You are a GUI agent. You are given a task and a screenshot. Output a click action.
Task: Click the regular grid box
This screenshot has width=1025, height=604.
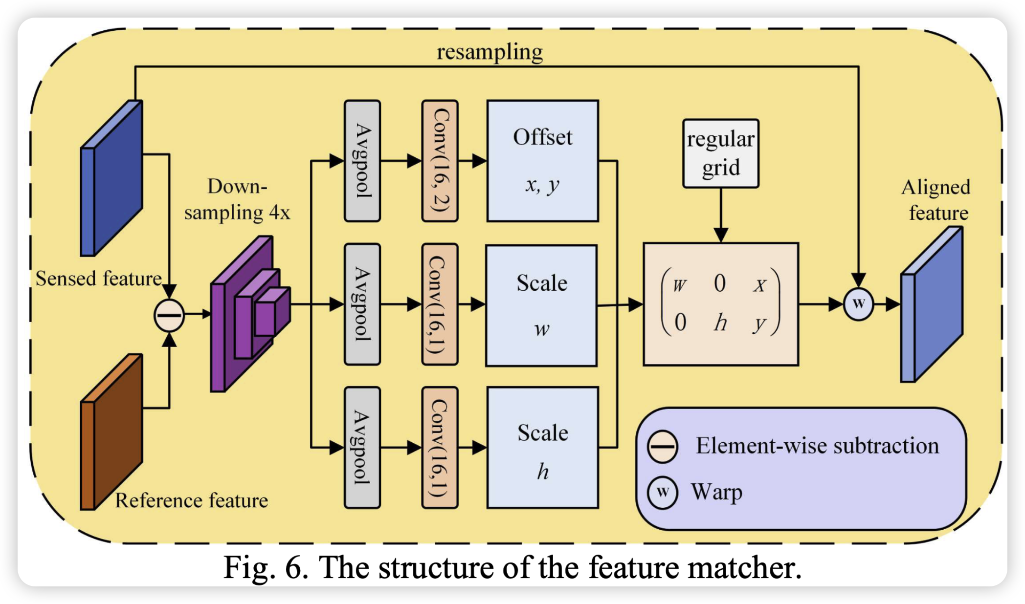[x=720, y=153]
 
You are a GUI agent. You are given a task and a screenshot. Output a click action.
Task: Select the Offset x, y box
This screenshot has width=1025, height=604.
[x=542, y=161]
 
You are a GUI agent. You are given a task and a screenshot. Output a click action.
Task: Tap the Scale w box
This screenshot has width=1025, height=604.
[x=541, y=305]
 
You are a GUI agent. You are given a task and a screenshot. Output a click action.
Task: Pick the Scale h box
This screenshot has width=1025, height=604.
[x=542, y=448]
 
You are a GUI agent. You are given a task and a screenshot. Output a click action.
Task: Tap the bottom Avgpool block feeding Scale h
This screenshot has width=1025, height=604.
[x=362, y=448]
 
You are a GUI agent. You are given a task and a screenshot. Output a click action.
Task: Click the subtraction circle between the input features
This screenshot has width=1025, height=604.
[x=169, y=315]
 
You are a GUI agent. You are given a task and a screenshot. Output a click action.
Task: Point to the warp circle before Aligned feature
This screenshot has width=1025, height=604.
[x=858, y=304]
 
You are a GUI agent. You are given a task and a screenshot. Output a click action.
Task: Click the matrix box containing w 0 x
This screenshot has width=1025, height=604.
[x=720, y=304]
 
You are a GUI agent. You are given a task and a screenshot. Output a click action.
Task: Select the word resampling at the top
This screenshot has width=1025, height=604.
[x=490, y=52]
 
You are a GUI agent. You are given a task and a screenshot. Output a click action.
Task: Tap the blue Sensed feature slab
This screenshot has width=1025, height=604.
[x=111, y=178]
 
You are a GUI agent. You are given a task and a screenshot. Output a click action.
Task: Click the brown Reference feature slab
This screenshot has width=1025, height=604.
[x=111, y=432]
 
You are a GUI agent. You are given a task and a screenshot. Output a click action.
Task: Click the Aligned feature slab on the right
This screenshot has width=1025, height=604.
[x=932, y=304]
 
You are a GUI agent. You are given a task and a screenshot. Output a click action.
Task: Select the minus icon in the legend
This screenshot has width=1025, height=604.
[x=662, y=447]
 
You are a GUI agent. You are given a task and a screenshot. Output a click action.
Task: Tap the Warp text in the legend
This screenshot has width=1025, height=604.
[x=716, y=492]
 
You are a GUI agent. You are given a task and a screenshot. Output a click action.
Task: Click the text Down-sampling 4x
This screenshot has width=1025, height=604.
[x=237, y=199]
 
